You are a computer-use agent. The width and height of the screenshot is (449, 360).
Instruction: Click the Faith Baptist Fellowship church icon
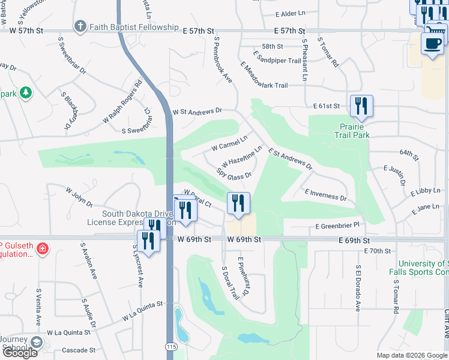coord(80,26)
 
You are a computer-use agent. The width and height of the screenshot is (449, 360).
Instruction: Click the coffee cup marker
coord(433,44)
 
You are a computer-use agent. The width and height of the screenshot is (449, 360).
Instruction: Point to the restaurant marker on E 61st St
coord(361,106)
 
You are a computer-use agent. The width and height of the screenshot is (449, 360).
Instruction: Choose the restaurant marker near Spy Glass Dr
coord(238,203)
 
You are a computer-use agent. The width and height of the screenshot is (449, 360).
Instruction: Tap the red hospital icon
coord(42,248)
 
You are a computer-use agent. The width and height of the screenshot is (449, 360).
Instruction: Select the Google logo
coord(19,353)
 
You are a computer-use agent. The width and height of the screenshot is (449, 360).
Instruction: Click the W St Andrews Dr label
coord(197,111)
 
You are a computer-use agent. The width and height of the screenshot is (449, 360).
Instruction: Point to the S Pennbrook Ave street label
coord(223,60)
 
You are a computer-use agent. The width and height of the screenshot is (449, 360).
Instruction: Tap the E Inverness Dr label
coord(325,194)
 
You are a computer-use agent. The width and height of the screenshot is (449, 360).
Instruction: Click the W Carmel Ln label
coord(229,144)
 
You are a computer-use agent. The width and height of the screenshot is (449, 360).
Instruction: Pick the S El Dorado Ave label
coord(357,288)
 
